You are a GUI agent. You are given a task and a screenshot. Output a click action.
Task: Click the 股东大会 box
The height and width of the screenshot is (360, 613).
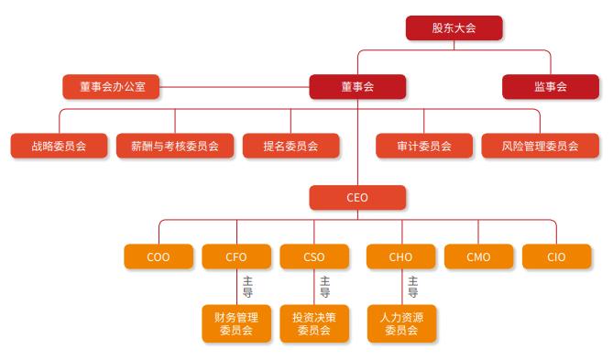pyautogui.click(x=454, y=28)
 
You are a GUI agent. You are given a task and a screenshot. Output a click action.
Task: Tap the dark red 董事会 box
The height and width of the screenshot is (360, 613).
pyautogui.click(x=357, y=87)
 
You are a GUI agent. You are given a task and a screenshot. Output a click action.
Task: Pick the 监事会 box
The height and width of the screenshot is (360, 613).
pyautogui.click(x=550, y=87)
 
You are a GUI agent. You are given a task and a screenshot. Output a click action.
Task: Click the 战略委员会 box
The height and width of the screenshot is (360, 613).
pyautogui.click(x=58, y=146)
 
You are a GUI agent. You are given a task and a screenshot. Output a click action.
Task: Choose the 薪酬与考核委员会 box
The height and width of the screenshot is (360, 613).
pyautogui.click(x=175, y=146)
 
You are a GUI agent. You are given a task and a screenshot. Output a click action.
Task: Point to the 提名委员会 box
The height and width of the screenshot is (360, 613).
pyautogui.click(x=290, y=146)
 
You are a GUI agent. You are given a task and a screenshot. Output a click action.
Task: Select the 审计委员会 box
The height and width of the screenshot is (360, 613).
pyautogui.click(x=424, y=146)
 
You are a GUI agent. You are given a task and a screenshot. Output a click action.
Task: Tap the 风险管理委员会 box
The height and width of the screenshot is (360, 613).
pyautogui.click(x=540, y=146)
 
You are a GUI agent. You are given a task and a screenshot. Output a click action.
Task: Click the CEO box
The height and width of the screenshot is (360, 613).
pyautogui.click(x=357, y=198)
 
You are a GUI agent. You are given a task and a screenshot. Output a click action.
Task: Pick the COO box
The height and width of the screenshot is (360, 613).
pyautogui.click(x=159, y=256)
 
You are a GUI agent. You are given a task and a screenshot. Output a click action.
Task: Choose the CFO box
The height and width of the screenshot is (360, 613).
pyautogui.click(x=236, y=256)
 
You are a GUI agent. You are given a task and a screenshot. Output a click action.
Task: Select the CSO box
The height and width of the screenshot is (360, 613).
pyautogui.click(x=314, y=256)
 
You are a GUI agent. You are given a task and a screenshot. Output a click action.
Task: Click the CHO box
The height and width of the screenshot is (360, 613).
pyautogui.click(x=400, y=256)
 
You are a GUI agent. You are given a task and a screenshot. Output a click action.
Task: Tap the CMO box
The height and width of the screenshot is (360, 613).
pyautogui.click(x=478, y=256)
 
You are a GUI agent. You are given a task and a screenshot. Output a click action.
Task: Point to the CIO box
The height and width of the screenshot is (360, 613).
pyautogui.click(x=556, y=256)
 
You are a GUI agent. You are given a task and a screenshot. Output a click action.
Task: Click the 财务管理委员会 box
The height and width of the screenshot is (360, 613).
pyautogui.click(x=236, y=323)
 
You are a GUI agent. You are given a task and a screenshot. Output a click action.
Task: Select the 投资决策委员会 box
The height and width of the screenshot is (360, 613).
pyautogui.click(x=314, y=323)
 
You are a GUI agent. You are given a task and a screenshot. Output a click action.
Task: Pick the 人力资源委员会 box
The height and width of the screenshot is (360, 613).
pyautogui.click(x=400, y=323)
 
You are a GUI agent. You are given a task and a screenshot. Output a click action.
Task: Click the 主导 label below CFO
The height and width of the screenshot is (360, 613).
pyautogui.click(x=247, y=288)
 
